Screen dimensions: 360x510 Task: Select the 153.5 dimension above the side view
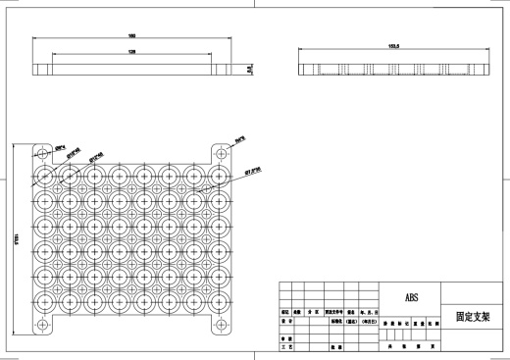click(368, 44)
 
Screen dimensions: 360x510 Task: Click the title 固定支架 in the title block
click(473, 318)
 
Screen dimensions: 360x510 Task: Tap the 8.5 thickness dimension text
click(249, 69)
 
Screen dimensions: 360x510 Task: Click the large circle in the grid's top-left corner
click(46, 178)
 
